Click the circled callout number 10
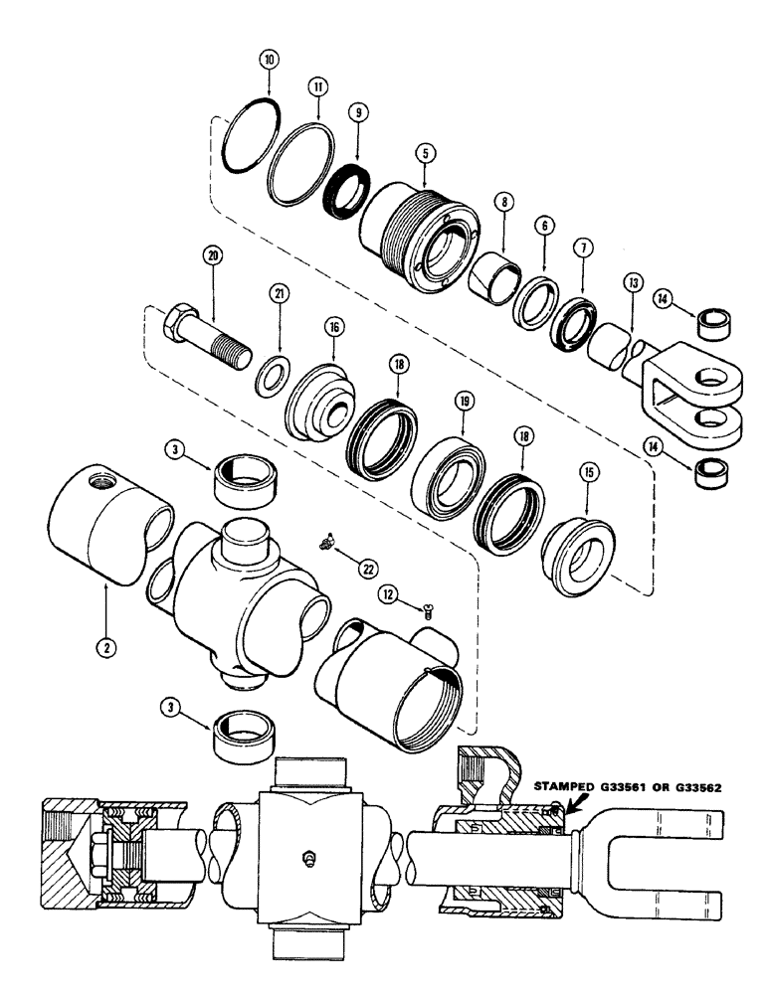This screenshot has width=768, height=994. (x=268, y=60)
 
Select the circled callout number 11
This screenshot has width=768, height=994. (x=317, y=87)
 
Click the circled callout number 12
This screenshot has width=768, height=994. (x=389, y=594)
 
